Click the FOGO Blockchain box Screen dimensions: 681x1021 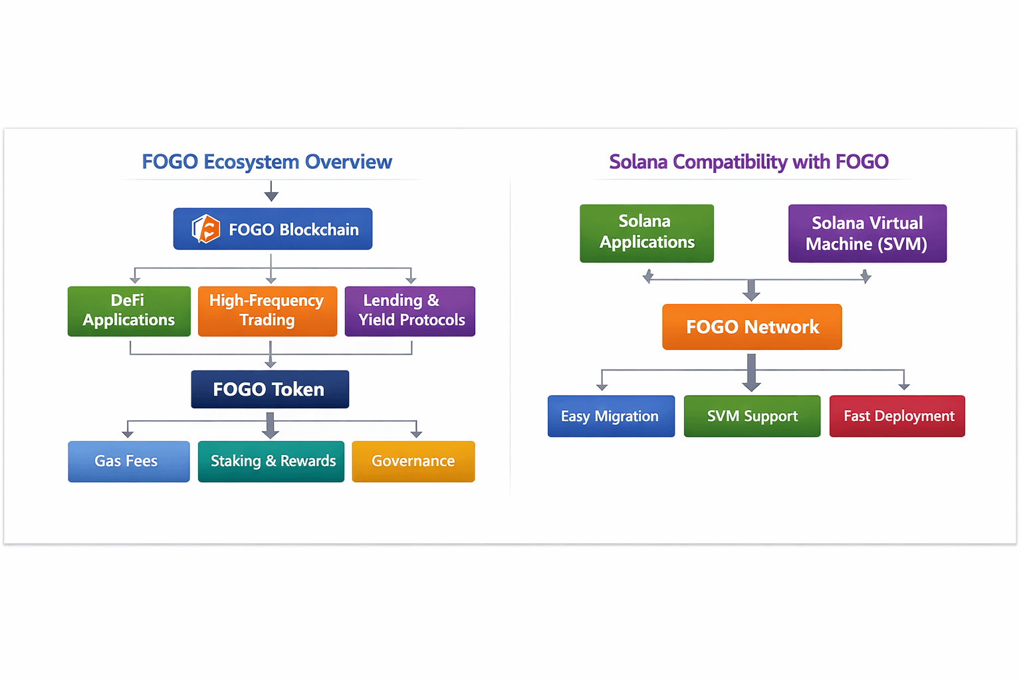[x=273, y=229]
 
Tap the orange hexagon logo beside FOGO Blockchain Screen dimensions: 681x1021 [x=206, y=229]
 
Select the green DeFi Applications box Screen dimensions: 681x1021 [x=129, y=311]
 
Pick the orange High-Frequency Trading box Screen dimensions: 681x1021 [x=267, y=311]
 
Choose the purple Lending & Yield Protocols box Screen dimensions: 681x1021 [x=409, y=311]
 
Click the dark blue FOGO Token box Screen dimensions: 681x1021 [x=270, y=389]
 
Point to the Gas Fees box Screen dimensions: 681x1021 [x=128, y=461]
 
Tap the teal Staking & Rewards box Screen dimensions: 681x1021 [x=271, y=461]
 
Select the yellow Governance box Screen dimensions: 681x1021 [x=413, y=461]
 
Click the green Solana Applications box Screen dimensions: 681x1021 [x=647, y=233]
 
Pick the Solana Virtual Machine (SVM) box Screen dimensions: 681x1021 [x=867, y=233]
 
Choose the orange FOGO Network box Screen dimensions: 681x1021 [x=752, y=327]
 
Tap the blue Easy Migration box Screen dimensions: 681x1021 [x=611, y=416]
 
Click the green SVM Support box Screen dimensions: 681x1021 [x=752, y=416]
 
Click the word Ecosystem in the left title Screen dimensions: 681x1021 [x=251, y=162]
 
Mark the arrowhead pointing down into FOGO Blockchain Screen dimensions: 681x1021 [x=271, y=196]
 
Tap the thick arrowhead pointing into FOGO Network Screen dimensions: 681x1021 [x=751, y=295]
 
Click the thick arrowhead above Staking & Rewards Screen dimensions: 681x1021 [x=270, y=433]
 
